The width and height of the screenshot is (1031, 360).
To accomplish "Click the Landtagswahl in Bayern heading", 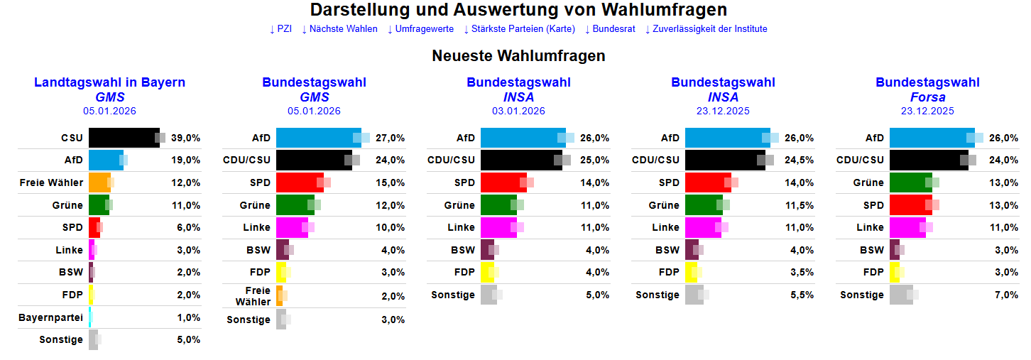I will tap(109, 82).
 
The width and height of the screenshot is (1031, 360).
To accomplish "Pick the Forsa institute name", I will tap(927, 97).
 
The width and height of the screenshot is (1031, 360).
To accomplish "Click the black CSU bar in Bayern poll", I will tap(124, 138).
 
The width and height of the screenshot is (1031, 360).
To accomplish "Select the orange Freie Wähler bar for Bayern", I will tap(99, 182).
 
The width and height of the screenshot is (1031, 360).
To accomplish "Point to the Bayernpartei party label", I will tap(50, 317).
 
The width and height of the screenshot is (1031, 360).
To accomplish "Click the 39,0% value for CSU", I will tap(186, 138).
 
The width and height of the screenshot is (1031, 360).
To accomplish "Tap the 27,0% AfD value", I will tap(391, 138).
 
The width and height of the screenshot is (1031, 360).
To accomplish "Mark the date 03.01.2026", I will tap(518, 111).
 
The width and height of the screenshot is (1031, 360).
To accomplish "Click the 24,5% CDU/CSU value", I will tap(800, 160).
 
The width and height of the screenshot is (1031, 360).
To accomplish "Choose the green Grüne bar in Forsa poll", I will tap(910, 182).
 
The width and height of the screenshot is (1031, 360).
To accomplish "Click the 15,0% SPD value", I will tap(391, 183).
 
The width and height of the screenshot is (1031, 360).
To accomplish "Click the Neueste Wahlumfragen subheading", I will tap(518, 55).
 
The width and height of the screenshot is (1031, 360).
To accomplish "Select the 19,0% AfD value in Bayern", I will tap(186, 160).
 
